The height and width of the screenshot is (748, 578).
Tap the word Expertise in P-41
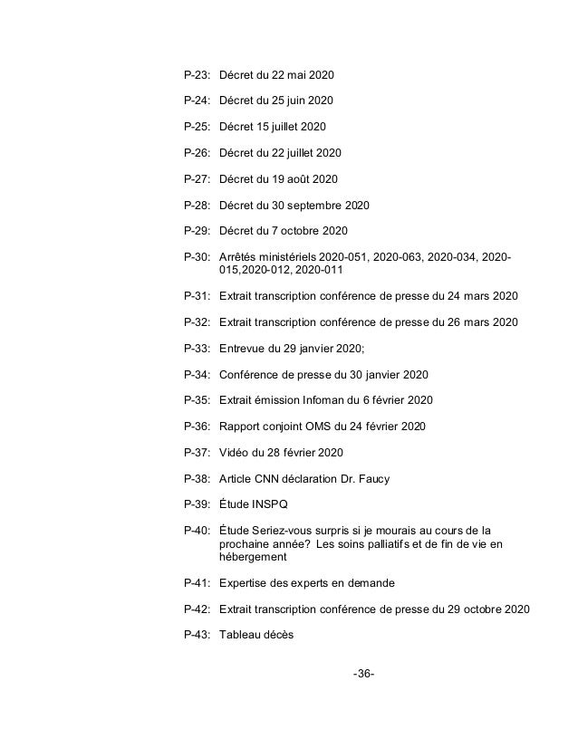coord(246,584)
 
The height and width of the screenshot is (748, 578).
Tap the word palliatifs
coord(410,545)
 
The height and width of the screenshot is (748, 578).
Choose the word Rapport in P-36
coord(242,427)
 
